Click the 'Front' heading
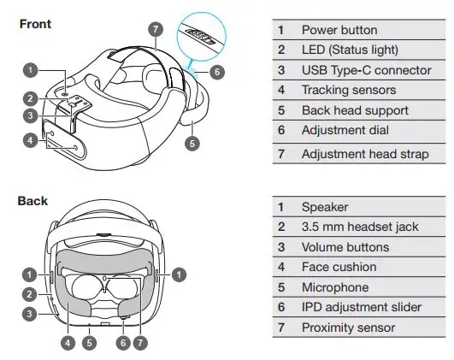tap(36, 25)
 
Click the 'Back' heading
tap(33, 202)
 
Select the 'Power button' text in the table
tap(339, 31)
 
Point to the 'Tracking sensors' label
tap(349, 90)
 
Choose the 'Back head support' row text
tap(355, 110)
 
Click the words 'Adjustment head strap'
tap(365, 154)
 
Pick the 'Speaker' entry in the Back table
tap(326, 207)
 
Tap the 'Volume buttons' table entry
tap(345, 247)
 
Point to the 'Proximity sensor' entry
tap(348, 328)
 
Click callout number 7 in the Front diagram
tap(154, 28)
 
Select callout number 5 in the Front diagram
tap(193, 144)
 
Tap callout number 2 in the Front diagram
tap(30, 97)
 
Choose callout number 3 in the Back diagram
tap(30, 313)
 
